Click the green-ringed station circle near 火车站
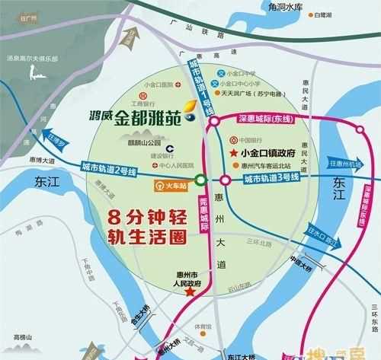pos(200,180)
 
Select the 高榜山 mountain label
pos(25,336)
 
